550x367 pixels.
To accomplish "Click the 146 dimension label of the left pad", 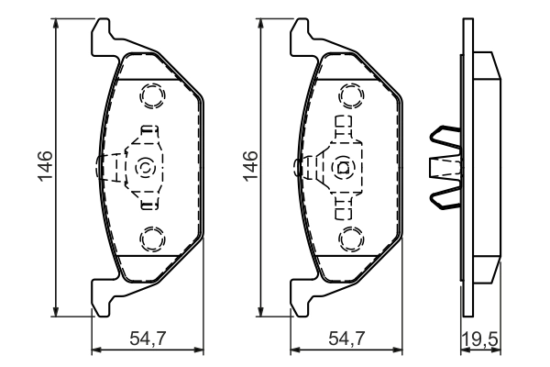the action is click(45, 165).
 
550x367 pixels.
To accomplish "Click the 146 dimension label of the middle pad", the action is click(250, 166).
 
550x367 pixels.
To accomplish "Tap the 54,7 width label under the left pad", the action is click(148, 339).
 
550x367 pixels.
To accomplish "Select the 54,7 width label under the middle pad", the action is click(346, 339).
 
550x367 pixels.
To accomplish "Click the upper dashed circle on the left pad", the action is click(152, 95).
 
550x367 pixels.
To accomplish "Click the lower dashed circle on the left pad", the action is click(152, 239).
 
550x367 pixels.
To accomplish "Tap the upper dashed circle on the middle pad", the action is click(351, 95).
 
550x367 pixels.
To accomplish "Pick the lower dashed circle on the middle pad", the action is click(351, 239).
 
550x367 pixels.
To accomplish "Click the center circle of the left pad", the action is click(145, 168).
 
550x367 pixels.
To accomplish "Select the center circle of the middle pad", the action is click(344, 168).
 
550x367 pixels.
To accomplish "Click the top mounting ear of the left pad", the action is click(102, 37).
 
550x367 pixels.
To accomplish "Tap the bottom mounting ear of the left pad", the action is click(102, 298).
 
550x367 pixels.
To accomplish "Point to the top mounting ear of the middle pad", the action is click(301, 37).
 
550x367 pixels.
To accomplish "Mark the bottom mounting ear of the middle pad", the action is click(301, 298).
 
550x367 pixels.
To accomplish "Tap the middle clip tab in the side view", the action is click(445, 168).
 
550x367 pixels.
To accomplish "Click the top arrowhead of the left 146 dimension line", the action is click(55, 24).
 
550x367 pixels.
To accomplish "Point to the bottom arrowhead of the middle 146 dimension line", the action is click(260, 312).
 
